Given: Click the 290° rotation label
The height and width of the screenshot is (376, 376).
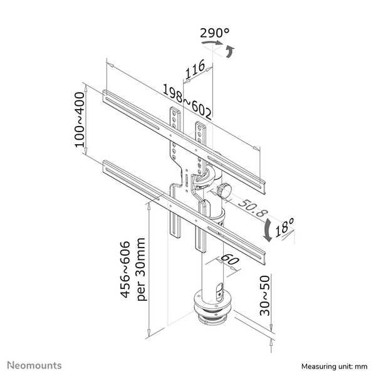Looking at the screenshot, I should pyautogui.click(x=214, y=33).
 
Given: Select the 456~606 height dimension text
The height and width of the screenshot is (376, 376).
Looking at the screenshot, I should pyautogui.click(x=125, y=270).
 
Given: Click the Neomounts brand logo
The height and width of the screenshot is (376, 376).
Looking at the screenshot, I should pyautogui.click(x=34, y=364).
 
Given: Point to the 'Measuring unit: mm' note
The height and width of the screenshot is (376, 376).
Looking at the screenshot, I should pyautogui.click(x=333, y=365).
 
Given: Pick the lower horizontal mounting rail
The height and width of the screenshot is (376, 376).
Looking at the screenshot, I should pyautogui.click(x=185, y=207).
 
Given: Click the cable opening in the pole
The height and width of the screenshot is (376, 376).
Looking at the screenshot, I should pyautogui.click(x=219, y=291).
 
